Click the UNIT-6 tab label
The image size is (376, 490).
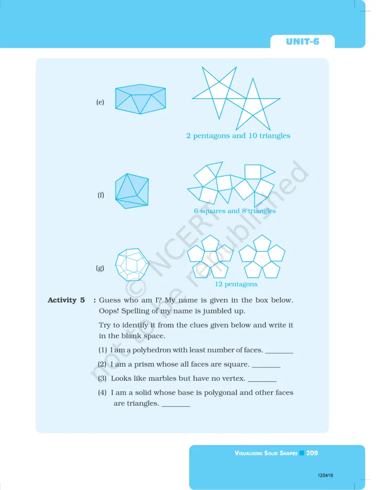302,42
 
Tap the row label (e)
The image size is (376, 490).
100,102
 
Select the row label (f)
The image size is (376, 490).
100,195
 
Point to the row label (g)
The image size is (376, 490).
100,268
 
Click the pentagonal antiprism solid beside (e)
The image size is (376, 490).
140,99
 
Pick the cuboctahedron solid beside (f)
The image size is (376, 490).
132,191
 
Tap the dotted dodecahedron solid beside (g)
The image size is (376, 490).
132,264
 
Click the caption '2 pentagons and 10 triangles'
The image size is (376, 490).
238,135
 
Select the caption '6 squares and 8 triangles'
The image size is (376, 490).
235,211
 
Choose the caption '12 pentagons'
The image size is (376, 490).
236,284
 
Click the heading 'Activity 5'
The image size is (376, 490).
66,300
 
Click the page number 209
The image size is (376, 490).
312,453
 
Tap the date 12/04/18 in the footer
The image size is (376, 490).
325,475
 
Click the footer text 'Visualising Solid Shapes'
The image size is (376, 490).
266,453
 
